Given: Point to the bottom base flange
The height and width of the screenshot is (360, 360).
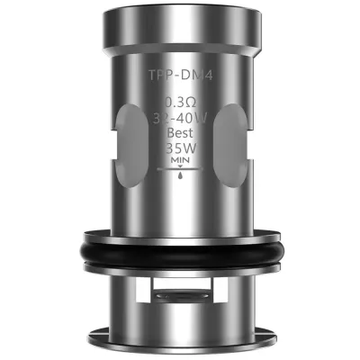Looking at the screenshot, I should pyautogui.click(x=180, y=337).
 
